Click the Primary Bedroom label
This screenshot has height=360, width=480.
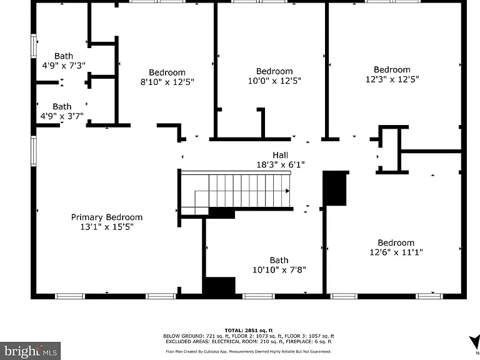tap(107, 217)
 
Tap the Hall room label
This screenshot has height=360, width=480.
tap(281, 155)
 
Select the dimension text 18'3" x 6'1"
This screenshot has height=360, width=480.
tap(281, 165)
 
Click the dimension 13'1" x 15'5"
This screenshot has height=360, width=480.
tap(107, 227)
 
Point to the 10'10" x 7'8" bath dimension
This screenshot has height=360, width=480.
tap(279, 270)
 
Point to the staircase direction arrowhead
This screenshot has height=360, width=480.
tap(287, 191)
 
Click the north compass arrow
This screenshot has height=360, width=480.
tap(475, 343)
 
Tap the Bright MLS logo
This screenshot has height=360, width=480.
tap(30, 351)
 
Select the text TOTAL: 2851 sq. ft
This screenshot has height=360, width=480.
tap(249, 330)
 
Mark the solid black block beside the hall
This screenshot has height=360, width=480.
tap(335, 188)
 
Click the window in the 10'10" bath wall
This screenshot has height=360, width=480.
tap(259, 296)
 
